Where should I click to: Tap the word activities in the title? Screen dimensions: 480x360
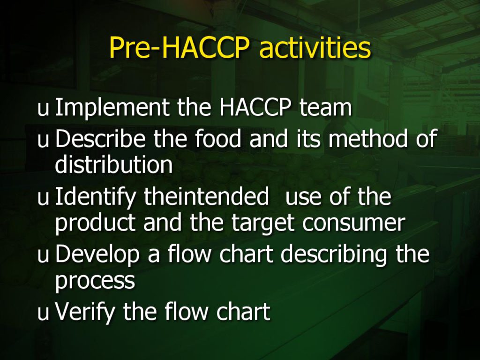[315, 48]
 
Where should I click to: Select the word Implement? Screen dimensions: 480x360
[112, 108]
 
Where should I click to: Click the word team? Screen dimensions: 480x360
[326, 108]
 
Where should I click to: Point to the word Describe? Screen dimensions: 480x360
[100, 139]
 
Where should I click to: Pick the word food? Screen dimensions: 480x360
[218, 139]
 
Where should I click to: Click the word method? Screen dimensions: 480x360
[368, 139]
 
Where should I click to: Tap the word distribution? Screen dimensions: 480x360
[114, 165]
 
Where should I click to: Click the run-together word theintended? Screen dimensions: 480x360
[206, 196]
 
